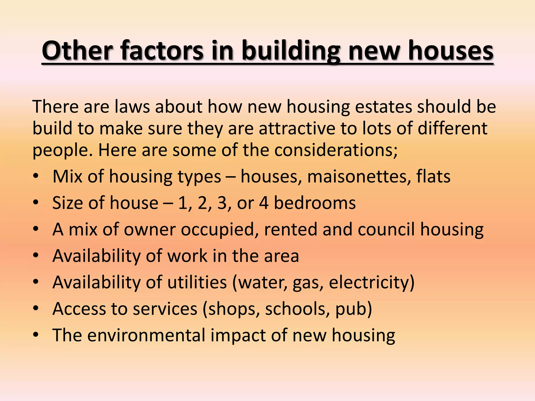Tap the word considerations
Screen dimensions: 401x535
[x=336, y=150]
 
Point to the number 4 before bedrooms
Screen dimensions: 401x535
[x=264, y=203]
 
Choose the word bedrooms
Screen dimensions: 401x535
[x=315, y=203]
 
